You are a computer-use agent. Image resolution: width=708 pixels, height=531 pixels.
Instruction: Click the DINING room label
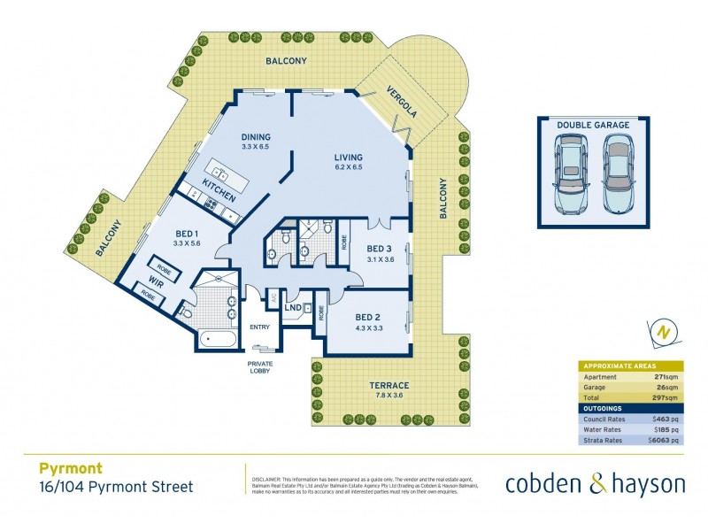pyautogui.click(x=255, y=137)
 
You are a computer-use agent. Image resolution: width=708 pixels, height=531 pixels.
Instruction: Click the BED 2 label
pyautogui.click(x=367, y=317)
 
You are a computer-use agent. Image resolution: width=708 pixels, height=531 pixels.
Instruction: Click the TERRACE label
pyautogui.click(x=389, y=386)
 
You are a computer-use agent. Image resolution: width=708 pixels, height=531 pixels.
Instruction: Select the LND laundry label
pyautogui.click(x=293, y=309)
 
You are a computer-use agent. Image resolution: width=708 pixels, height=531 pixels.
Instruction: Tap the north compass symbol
pyautogui.click(x=661, y=332)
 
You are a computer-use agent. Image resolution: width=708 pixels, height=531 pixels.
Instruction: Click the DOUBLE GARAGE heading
pyautogui.click(x=593, y=126)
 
